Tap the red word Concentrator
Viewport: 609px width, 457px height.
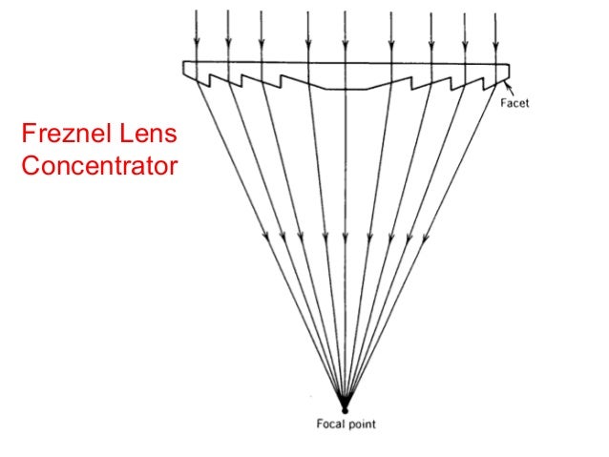(98, 166)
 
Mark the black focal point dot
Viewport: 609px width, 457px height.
(344, 408)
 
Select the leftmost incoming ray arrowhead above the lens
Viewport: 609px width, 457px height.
(195, 44)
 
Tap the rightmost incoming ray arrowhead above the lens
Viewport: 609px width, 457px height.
(496, 44)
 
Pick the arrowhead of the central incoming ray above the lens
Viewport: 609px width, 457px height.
(346, 44)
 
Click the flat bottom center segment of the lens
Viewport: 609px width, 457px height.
(346, 90)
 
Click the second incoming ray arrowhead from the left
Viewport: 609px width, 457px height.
(228, 44)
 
